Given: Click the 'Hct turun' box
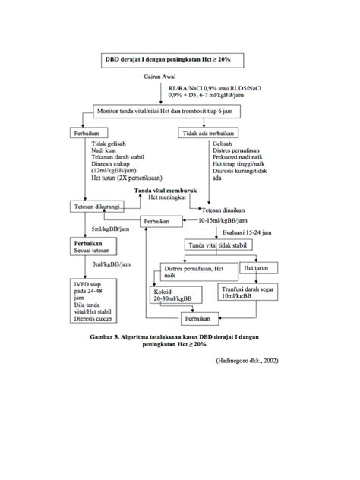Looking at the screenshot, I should coord(253,268).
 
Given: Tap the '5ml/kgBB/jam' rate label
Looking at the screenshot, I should coord(109,229).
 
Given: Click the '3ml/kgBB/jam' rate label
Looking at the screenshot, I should coord(109,265).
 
